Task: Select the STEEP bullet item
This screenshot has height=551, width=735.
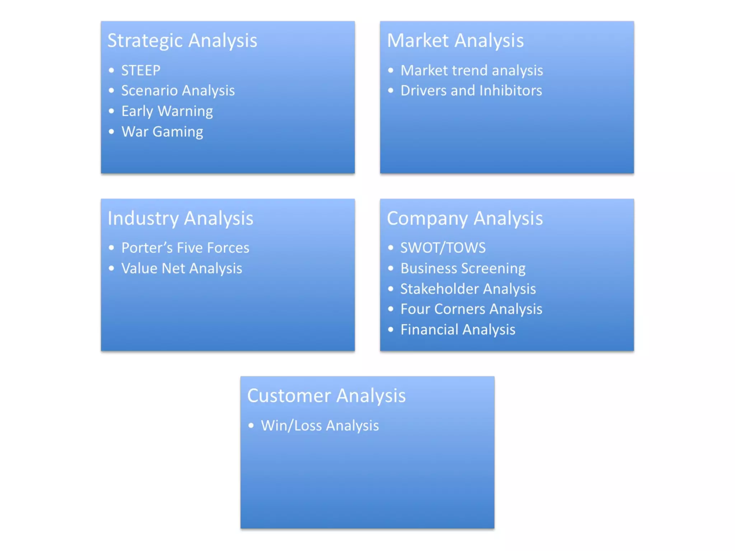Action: coord(141,71)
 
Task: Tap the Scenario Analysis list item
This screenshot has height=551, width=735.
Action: coord(178,91)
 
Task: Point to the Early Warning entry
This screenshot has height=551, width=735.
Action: coord(167,111)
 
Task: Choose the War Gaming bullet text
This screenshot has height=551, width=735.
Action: coord(162,132)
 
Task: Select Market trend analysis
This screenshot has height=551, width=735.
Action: coord(471,71)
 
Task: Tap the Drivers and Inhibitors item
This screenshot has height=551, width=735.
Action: coord(471,91)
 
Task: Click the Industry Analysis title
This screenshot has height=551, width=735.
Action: coord(180,218)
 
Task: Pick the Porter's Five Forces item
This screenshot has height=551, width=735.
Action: coord(185,248)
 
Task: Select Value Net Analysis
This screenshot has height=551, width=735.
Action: coord(181,268)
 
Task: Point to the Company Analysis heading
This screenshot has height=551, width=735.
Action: coord(464,218)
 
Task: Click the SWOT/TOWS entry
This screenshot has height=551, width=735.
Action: coord(443,248)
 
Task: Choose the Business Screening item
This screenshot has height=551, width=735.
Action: coord(463,268)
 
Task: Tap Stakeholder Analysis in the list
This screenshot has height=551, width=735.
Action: coord(468,289)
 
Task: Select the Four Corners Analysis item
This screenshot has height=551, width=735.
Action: coord(471,309)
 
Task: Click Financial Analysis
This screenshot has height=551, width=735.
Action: coord(458,330)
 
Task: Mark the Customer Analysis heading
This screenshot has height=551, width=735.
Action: coord(326,396)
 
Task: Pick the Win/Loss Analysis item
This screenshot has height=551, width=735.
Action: coord(319,426)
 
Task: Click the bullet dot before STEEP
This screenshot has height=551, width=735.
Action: coord(111,70)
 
